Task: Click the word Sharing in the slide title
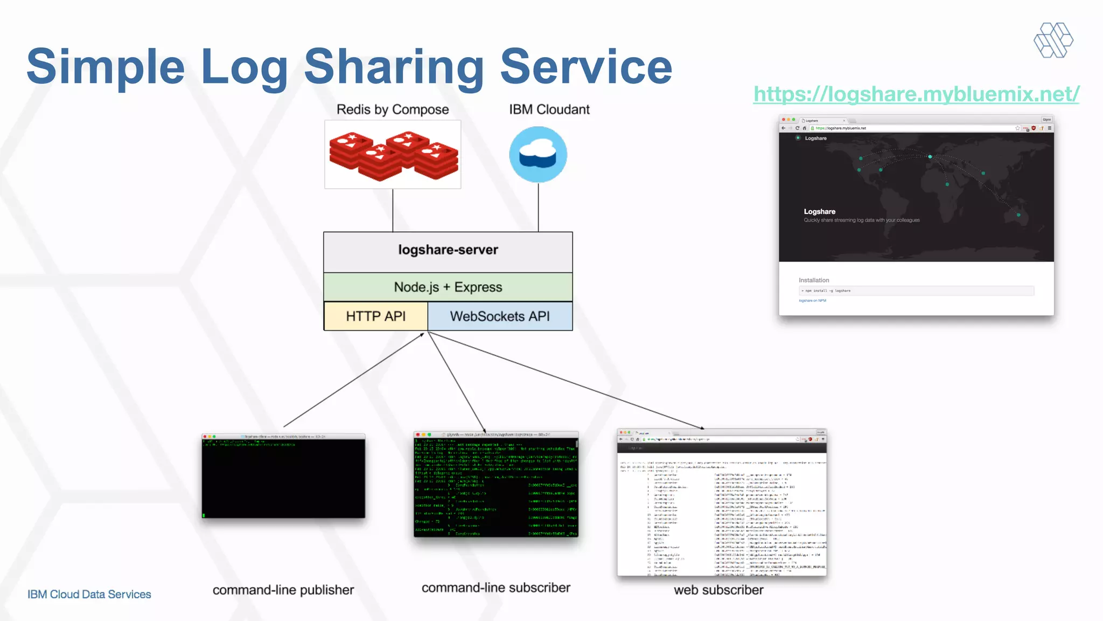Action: coord(394,67)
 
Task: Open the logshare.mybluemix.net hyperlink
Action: coord(916,94)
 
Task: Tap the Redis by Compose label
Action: coord(393,109)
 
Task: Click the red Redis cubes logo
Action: coord(393,155)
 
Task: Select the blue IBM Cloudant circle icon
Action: coord(538,155)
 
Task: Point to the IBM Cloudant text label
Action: coord(549,109)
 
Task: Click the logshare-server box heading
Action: coord(448,250)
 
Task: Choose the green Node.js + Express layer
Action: coord(448,287)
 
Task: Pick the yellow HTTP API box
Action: coord(376,316)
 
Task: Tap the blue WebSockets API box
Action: coord(500,316)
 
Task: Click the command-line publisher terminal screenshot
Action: coord(283,476)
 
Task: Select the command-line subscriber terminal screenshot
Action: coord(496,484)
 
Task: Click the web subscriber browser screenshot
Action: coord(722,502)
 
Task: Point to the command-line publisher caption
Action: coord(283,590)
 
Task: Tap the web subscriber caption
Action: coord(718,590)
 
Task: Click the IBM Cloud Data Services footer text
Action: coord(89,595)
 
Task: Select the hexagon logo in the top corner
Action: coord(1053,40)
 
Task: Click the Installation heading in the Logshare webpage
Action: coord(814,280)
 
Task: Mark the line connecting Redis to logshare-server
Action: coord(393,210)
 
